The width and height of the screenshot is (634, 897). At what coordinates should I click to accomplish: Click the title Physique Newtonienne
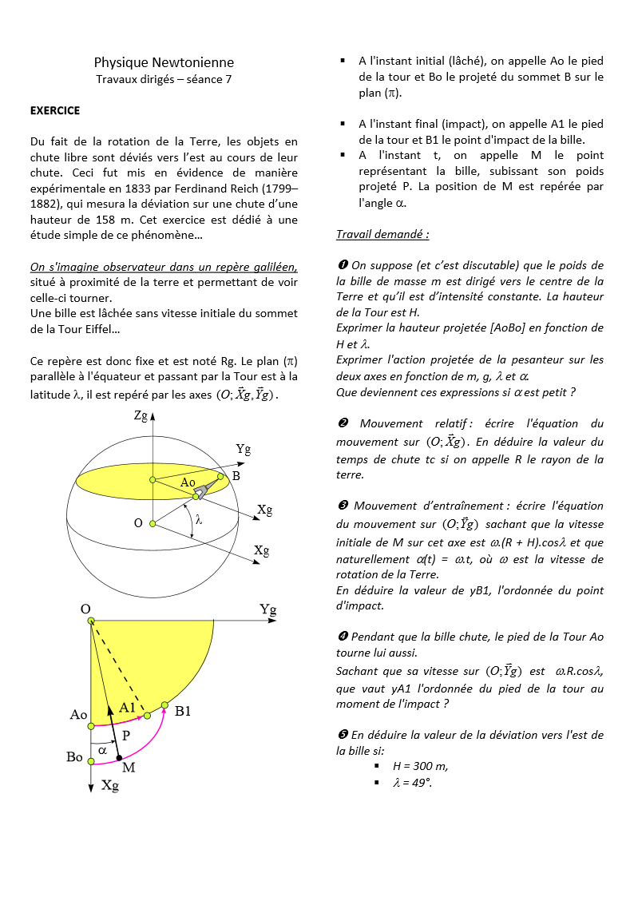164,62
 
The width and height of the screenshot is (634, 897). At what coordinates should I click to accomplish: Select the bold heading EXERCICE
55,110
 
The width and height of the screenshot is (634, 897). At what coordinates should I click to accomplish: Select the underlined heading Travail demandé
382,234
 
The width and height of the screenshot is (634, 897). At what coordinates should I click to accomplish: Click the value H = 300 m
420,765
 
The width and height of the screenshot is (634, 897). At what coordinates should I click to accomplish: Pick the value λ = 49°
412,782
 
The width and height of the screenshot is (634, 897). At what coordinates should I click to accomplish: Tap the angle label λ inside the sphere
199,518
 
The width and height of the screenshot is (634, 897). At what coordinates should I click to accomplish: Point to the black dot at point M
119,757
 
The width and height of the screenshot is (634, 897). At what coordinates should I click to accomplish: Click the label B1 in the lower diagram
184,710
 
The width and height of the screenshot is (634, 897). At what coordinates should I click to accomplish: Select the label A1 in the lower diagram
128,707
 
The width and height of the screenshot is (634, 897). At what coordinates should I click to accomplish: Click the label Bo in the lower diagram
74,756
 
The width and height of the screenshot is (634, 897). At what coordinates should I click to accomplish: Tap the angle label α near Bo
102,750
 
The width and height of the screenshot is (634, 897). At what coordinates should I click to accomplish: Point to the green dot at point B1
164,705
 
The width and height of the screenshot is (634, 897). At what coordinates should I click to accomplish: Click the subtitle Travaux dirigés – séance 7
164,78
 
